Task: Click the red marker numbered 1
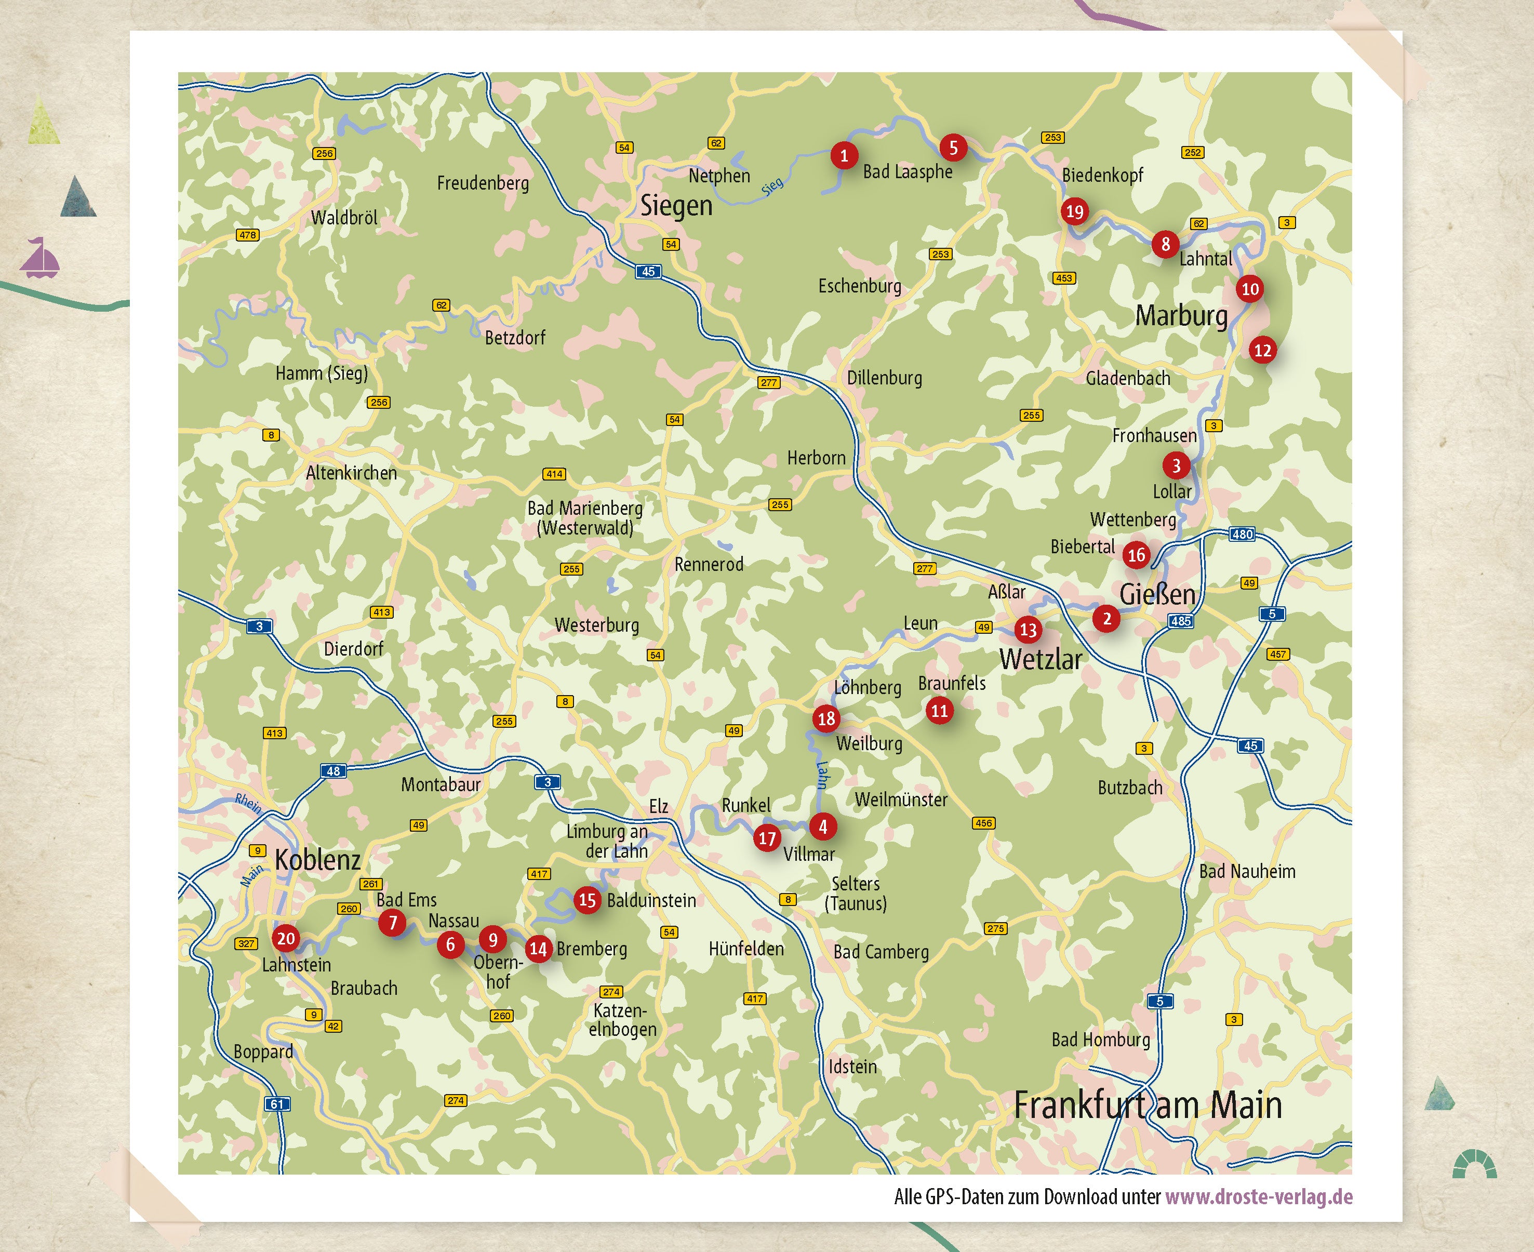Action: [844, 155]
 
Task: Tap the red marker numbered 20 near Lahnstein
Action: [286, 938]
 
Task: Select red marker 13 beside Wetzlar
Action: [1028, 630]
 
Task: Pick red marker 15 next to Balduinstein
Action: [587, 900]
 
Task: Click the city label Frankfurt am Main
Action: [1148, 1105]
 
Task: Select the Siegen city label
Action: [676, 206]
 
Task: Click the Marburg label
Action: [1181, 315]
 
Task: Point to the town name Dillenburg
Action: [884, 378]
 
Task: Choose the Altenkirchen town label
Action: [351, 473]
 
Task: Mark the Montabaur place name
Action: [441, 784]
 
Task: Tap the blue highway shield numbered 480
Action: [1242, 535]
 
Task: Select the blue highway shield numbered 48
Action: [333, 771]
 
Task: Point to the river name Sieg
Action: [772, 186]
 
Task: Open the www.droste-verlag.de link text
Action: [1259, 1197]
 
